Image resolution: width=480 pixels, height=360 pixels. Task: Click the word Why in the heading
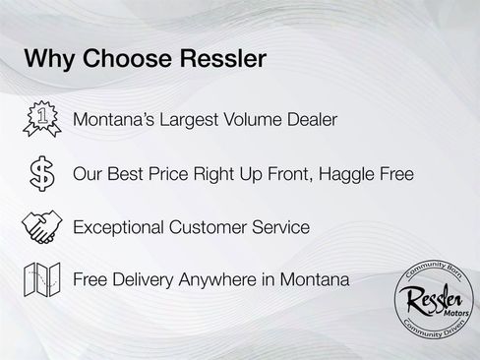48,59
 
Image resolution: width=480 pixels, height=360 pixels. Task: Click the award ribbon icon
38,120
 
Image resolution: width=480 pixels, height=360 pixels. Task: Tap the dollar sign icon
39,174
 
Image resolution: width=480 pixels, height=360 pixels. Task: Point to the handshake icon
39,227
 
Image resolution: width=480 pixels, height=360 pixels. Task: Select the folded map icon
39,280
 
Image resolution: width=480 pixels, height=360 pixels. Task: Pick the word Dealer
310,120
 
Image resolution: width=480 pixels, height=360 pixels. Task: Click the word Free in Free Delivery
90,280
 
